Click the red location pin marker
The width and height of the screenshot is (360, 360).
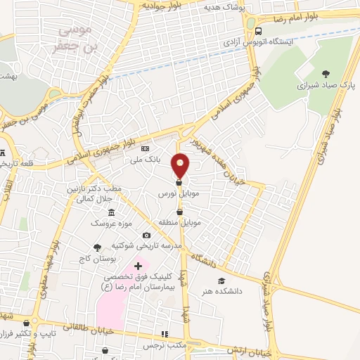click(181, 165)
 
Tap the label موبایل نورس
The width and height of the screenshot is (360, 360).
click(171, 193)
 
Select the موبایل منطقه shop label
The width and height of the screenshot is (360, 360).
click(181, 222)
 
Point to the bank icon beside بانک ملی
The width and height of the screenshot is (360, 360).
click(146, 149)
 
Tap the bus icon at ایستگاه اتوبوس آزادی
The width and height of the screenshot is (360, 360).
click(259, 31)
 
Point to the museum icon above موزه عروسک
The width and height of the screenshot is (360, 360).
click(111, 212)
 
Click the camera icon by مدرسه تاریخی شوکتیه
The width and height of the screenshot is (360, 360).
click(146, 235)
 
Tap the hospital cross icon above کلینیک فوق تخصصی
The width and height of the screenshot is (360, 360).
click(138, 266)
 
